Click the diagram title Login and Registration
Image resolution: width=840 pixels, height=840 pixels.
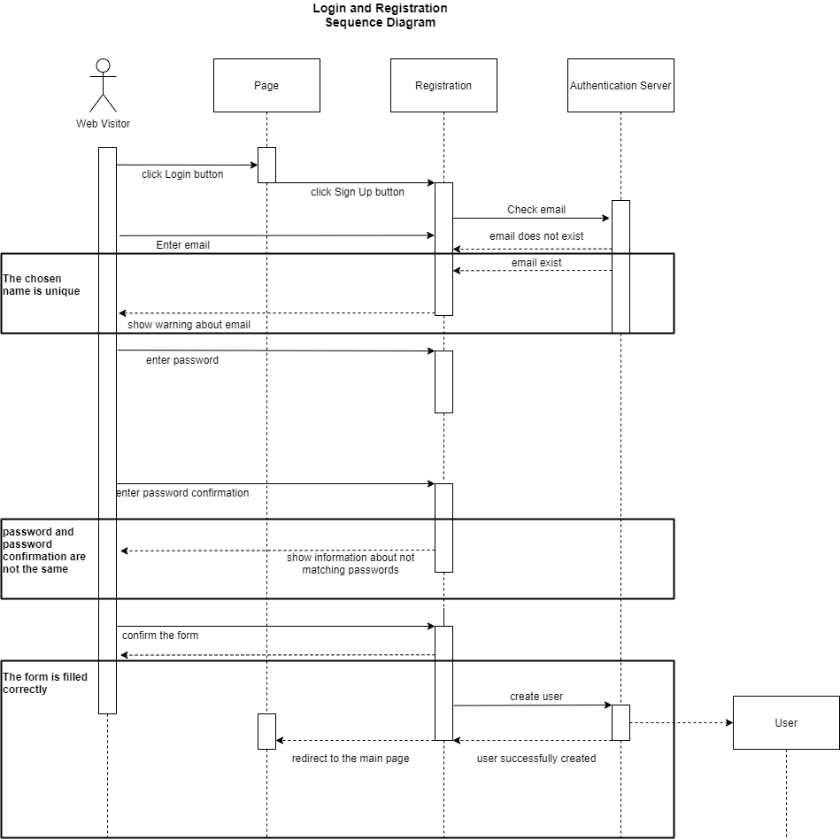click(x=380, y=15)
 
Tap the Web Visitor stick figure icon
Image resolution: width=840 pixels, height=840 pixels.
click(x=103, y=85)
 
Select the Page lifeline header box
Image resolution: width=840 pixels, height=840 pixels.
click(x=266, y=86)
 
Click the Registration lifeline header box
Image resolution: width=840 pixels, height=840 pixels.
click(x=443, y=86)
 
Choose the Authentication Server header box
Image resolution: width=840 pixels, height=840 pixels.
click(x=620, y=86)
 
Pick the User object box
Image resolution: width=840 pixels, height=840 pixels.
click(x=786, y=723)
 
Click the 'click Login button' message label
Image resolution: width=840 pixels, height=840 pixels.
click(x=182, y=174)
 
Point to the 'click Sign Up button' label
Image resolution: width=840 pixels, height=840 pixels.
click(x=358, y=192)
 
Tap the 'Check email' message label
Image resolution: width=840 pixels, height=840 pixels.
click(x=536, y=210)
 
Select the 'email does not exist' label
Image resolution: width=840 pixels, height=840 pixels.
click(x=536, y=236)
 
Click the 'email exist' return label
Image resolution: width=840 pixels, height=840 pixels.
click(x=536, y=263)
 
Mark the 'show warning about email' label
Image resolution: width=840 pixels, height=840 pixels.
click(x=189, y=325)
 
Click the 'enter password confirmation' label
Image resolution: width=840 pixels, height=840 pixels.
click(x=182, y=493)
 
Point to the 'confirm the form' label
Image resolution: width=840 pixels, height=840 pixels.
click(x=160, y=636)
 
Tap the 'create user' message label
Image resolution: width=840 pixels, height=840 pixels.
click(x=536, y=697)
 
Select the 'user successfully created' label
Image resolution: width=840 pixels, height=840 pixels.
click(x=536, y=759)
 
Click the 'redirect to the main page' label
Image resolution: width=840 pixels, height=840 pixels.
click(x=351, y=759)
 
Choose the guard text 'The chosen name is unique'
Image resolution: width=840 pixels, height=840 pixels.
click(x=41, y=285)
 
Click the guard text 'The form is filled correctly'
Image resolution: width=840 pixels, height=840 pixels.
click(x=44, y=683)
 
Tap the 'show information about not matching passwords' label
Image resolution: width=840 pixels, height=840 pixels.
click(x=351, y=564)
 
